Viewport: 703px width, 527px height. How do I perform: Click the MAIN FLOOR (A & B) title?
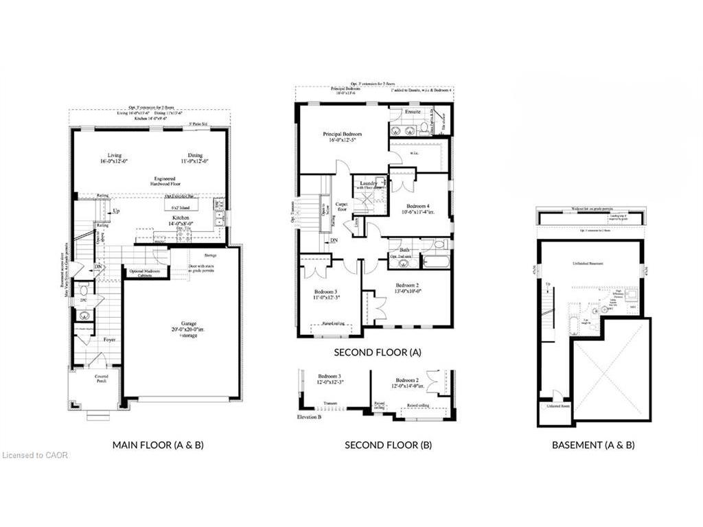158,445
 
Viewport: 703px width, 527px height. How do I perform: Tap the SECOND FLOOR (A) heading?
377,352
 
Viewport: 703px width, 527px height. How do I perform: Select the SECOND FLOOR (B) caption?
388,445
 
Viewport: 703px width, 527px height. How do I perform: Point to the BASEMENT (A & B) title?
593,445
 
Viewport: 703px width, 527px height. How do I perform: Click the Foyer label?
109,339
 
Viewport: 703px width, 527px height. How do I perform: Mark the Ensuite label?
412,111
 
